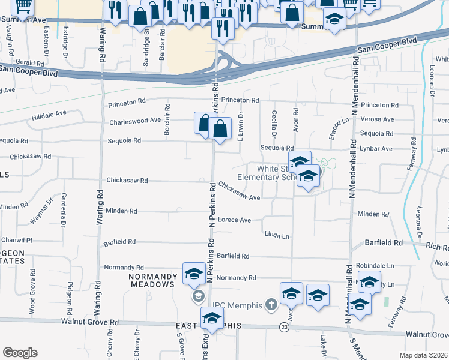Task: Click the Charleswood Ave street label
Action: coord(135,122)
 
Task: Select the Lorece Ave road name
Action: coord(234,220)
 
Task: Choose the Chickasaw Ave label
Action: coord(239,191)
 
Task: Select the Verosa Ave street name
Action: coord(378,119)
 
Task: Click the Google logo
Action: coord(20,353)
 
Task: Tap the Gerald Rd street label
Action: coord(29,62)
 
